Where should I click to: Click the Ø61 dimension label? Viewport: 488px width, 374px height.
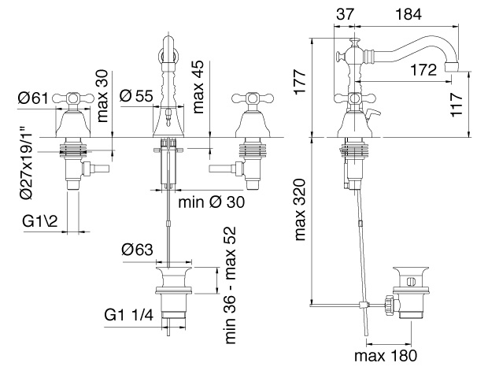click(x=34, y=98)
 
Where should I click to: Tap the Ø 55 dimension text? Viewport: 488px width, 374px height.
click(x=137, y=96)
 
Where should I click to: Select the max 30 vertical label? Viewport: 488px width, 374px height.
click(x=102, y=96)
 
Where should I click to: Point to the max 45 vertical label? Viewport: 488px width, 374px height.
click(x=198, y=87)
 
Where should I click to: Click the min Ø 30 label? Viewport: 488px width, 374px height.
click(x=212, y=202)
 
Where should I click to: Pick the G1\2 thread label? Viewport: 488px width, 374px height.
click(x=40, y=221)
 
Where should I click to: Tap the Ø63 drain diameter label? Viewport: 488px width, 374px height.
click(x=138, y=250)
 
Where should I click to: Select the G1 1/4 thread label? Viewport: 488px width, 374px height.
click(x=129, y=316)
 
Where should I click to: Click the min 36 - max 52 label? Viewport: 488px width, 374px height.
click(x=231, y=285)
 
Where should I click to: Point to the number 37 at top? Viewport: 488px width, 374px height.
click(x=346, y=14)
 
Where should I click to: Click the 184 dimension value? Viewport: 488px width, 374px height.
click(x=409, y=14)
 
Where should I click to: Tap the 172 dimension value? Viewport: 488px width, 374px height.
click(x=423, y=70)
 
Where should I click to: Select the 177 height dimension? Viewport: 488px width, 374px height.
click(x=301, y=82)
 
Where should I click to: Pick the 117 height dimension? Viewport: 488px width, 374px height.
click(x=457, y=105)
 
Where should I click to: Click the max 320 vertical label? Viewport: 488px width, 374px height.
click(x=300, y=209)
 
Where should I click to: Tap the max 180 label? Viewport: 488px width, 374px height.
click(x=386, y=356)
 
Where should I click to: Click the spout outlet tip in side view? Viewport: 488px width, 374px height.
click(x=452, y=67)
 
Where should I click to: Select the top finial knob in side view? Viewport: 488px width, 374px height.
click(x=354, y=42)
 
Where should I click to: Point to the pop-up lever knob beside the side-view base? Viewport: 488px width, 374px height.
click(x=373, y=113)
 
